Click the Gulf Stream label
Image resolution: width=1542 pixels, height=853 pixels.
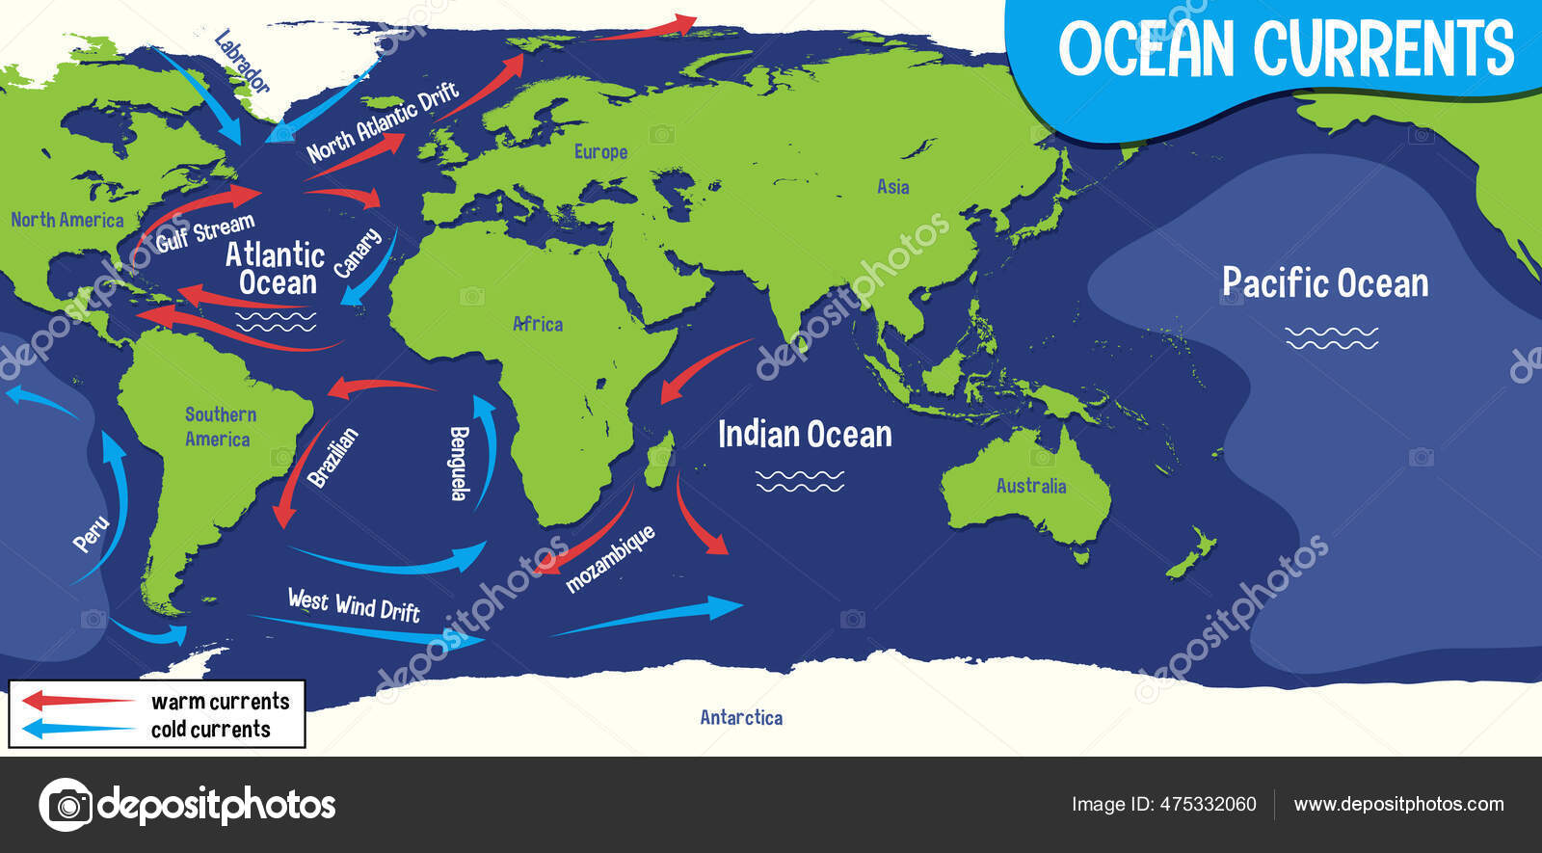(x=204, y=232)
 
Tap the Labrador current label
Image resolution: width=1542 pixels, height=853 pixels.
(x=241, y=63)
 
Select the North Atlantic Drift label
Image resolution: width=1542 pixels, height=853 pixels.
(x=382, y=123)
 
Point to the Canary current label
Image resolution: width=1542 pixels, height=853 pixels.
(x=358, y=253)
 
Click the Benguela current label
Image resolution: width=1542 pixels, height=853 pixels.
(x=460, y=463)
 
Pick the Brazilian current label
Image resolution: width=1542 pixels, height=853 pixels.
(x=332, y=457)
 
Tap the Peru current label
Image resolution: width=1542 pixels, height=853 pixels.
(x=92, y=534)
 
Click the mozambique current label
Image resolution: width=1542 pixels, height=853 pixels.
(x=610, y=558)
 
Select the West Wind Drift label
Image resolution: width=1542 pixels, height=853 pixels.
(x=354, y=604)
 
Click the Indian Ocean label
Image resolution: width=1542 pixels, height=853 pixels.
(x=805, y=435)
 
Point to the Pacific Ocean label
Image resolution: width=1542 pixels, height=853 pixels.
(x=1325, y=282)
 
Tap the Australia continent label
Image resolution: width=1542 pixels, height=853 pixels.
(x=1031, y=486)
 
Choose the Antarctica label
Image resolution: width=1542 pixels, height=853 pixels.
(x=741, y=717)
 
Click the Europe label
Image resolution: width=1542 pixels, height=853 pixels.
(x=600, y=151)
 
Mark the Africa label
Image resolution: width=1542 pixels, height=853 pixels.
(x=538, y=324)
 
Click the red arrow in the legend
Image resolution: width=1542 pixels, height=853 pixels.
(x=77, y=700)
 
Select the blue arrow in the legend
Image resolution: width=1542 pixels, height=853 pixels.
(x=77, y=729)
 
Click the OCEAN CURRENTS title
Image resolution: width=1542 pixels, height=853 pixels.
(x=1286, y=48)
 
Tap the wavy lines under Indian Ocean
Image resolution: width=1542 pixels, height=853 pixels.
(x=800, y=480)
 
